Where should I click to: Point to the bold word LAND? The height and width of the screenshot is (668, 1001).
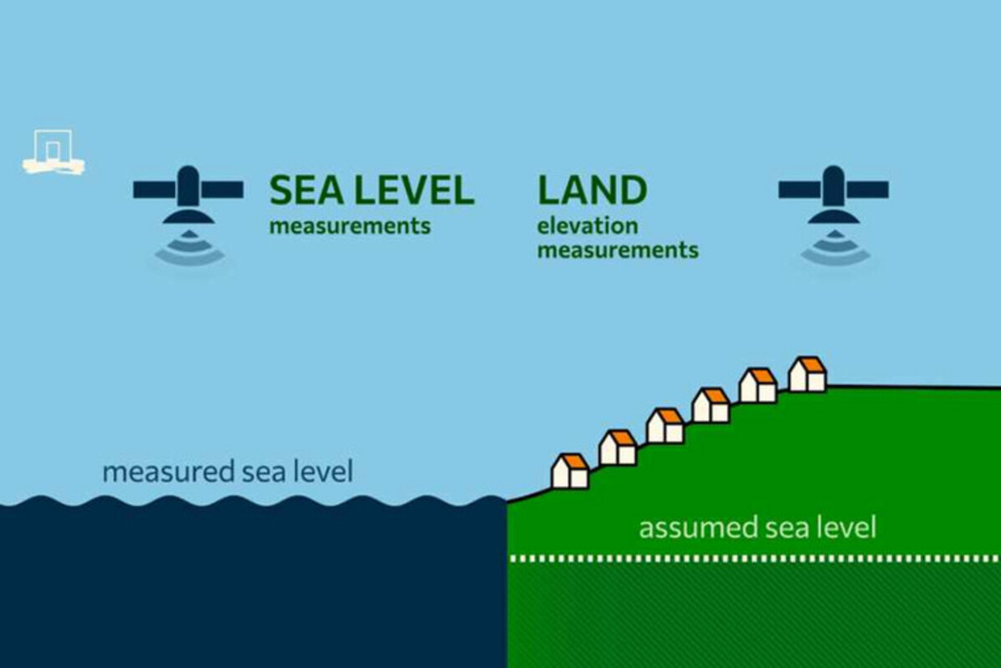592,191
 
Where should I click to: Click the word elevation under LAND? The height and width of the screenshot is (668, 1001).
588,226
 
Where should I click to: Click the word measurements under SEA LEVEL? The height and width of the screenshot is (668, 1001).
350,226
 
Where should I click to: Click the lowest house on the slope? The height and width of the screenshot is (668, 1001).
570,472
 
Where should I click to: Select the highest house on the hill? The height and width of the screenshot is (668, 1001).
807,375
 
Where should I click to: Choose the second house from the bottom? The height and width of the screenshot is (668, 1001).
618,448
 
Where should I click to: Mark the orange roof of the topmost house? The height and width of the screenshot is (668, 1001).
809,365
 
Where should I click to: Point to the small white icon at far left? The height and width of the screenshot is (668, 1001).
53,153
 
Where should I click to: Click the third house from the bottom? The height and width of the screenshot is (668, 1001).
665,426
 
